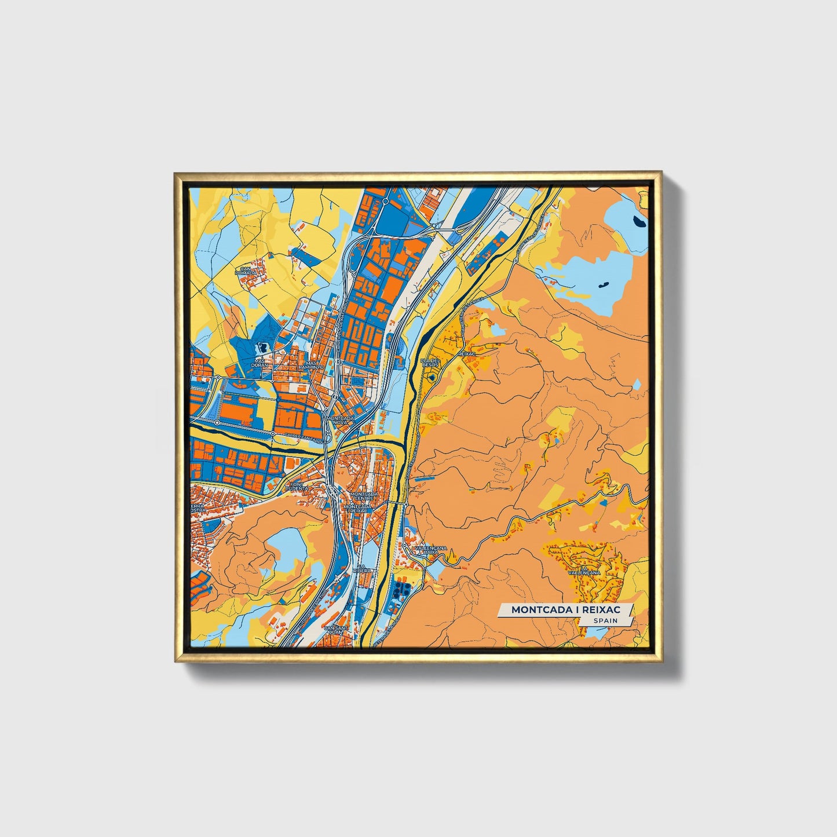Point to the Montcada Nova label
pyautogui.click(x=340, y=420)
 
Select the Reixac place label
pyautogui.click(x=466, y=353)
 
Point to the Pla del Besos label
pyautogui.click(x=430, y=363)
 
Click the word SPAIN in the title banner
pyautogui.click(x=605, y=620)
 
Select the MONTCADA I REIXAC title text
pyautogui.click(x=565, y=609)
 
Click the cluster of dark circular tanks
pyautogui.click(x=400, y=591)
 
